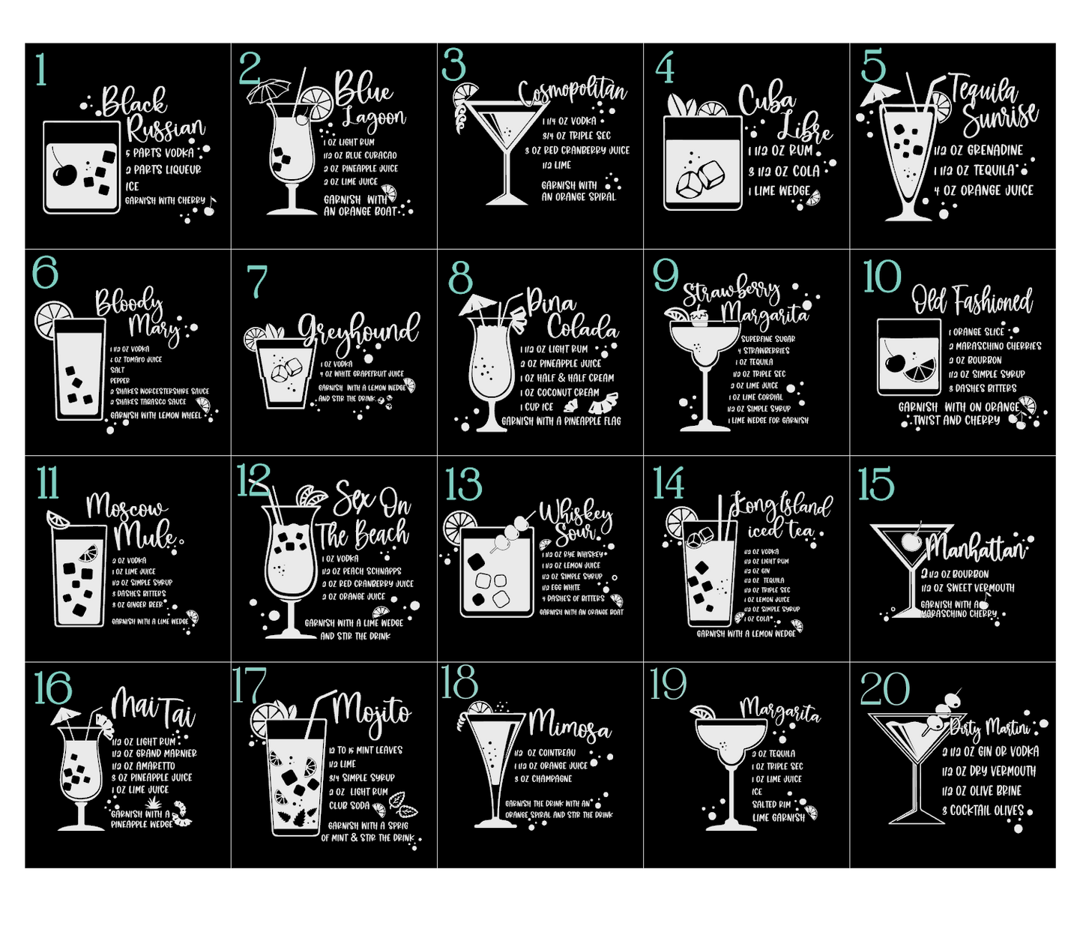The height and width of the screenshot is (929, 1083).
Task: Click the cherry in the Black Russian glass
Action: (x=64, y=175)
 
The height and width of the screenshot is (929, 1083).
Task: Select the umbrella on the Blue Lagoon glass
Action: (x=268, y=91)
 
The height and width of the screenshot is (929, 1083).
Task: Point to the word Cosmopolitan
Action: (x=573, y=92)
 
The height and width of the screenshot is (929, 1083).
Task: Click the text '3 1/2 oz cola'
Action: (x=783, y=171)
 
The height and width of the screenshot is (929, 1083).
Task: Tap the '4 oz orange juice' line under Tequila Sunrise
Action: (x=983, y=190)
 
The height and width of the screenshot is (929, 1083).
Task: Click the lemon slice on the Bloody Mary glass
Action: (x=53, y=319)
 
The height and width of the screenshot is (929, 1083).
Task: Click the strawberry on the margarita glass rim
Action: (x=699, y=319)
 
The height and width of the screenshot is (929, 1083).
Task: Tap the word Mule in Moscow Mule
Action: (x=146, y=535)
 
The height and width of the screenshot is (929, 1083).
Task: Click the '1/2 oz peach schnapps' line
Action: (x=362, y=571)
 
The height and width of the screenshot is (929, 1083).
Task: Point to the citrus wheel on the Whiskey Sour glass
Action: (x=459, y=527)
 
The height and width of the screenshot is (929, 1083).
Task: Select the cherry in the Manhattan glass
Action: (x=912, y=540)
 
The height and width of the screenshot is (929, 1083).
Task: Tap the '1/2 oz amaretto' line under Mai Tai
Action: (x=143, y=766)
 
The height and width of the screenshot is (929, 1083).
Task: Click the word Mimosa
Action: (x=569, y=725)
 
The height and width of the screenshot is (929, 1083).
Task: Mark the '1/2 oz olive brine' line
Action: (x=982, y=790)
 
